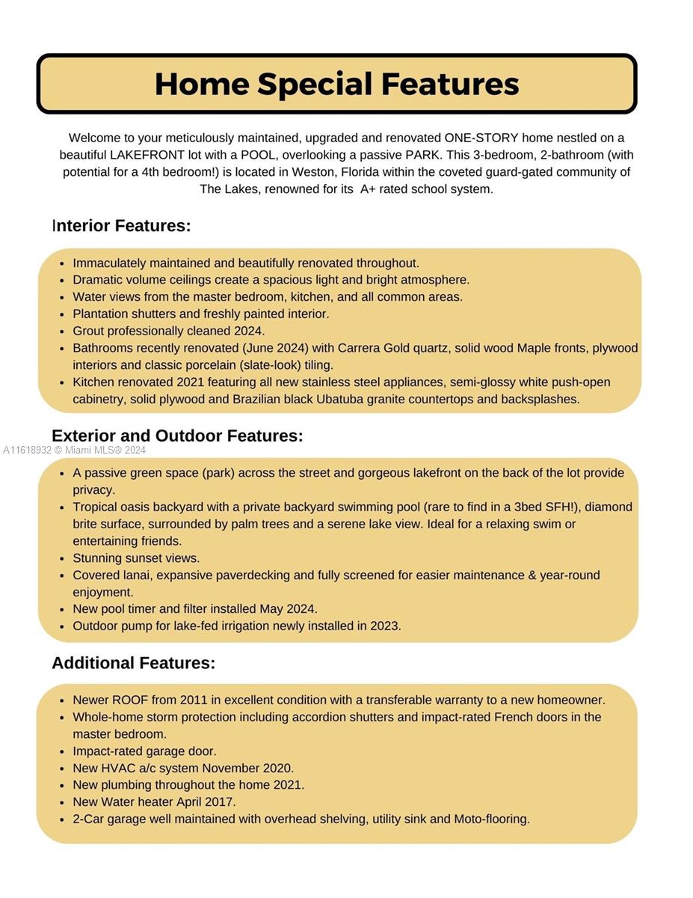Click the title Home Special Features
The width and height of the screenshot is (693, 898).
pyautogui.click(x=336, y=84)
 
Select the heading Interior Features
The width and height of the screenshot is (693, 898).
pyautogui.click(x=121, y=226)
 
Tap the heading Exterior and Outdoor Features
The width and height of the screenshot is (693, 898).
pyautogui.click(x=177, y=436)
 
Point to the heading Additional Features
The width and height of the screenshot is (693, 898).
pyautogui.click(x=133, y=663)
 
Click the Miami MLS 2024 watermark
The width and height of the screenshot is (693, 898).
pyautogui.click(x=75, y=450)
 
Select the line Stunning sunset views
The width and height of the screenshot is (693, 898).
pyautogui.click(x=136, y=558)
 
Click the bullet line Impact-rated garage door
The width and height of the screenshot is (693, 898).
pyautogui.click(x=144, y=751)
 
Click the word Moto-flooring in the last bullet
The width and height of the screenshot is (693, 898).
pyautogui.click(x=492, y=819)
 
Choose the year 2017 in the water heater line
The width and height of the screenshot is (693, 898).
pyautogui.click(x=221, y=802)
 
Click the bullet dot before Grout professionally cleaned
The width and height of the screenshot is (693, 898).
pyautogui.click(x=61, y=332)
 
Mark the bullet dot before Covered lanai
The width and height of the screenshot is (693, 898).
pyautogui.click(x=61, y=576)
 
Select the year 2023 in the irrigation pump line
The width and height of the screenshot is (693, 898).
pyautogui.click(x=385, y=626)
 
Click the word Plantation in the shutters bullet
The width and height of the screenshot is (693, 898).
pyautogui.click(x=99, y=314)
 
